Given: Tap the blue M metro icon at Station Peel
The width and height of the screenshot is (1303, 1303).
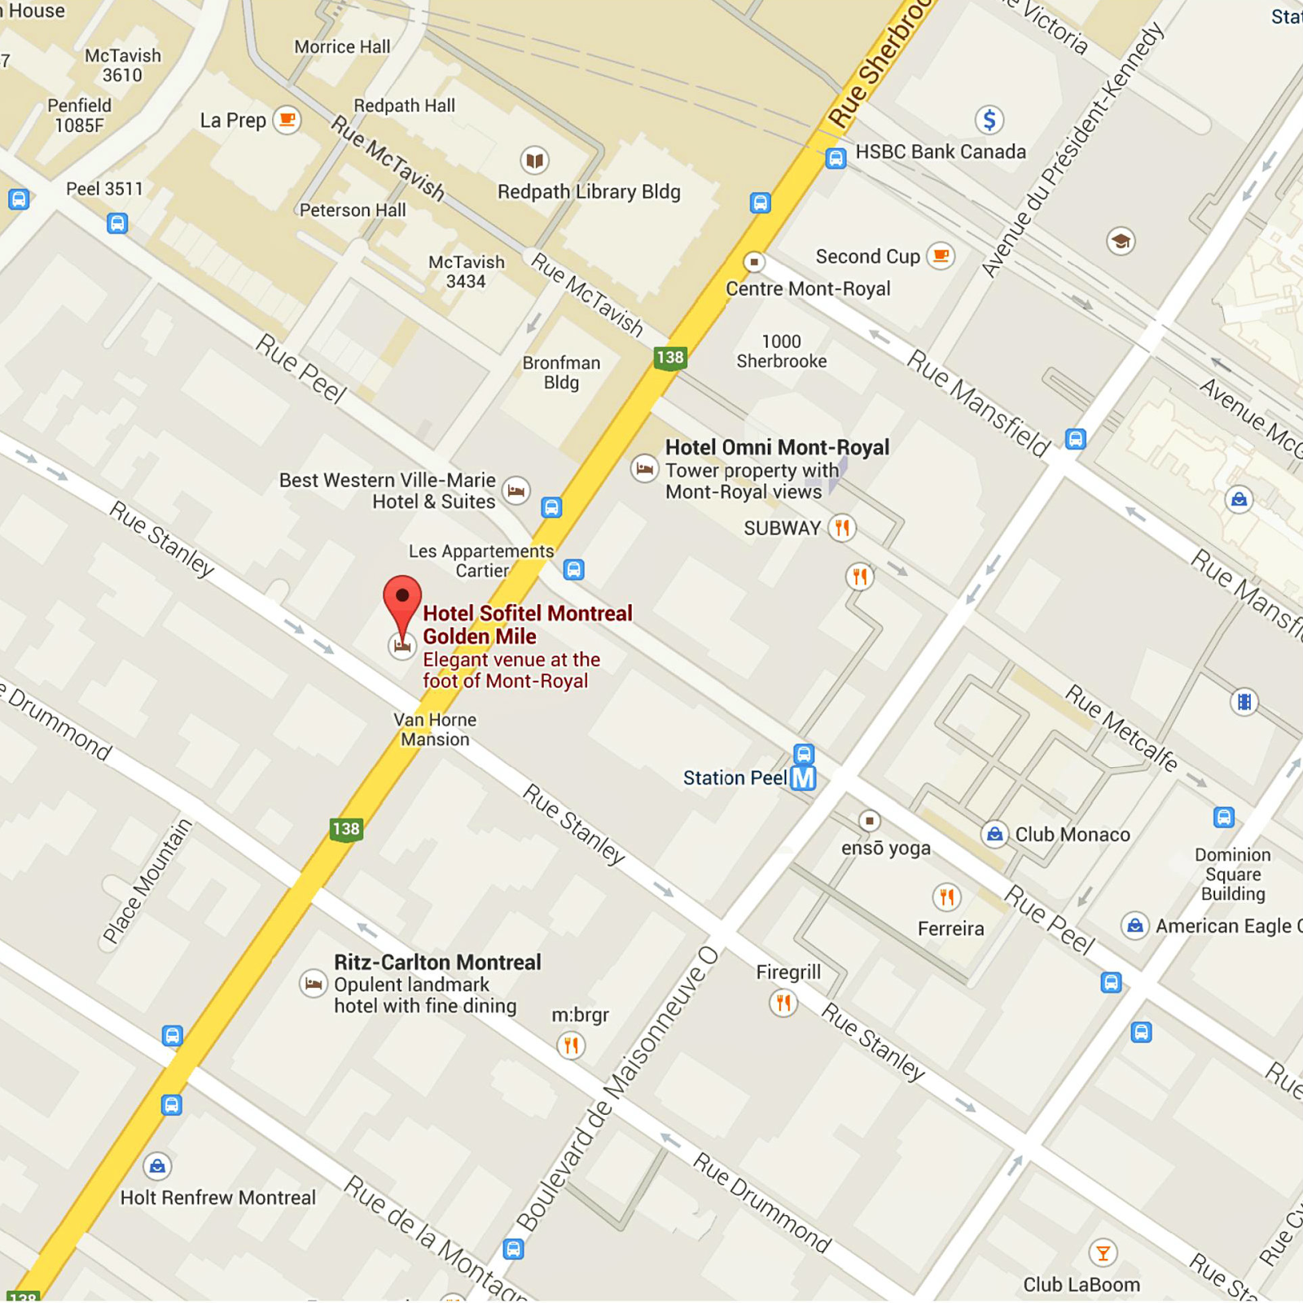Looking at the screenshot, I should coord(803,778).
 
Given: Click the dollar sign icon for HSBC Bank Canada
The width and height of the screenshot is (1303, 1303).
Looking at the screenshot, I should coord(989,121).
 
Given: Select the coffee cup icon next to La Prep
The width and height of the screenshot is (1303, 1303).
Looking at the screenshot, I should coord(287,120).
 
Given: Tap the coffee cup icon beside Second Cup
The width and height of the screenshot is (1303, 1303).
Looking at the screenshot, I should coord(941,256).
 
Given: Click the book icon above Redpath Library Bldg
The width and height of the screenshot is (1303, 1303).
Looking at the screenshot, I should coord(534,160).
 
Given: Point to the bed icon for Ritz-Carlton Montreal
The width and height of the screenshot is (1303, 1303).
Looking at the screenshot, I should coord(314,984).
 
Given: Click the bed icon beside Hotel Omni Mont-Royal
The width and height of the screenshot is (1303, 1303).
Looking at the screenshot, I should coord(644,468).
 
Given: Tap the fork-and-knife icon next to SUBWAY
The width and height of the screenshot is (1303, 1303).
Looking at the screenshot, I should coord(842,528).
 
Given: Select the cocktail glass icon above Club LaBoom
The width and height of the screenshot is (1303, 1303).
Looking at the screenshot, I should coord(1103,1253).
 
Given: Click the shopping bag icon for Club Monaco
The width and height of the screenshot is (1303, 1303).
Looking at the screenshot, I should coord(994,834).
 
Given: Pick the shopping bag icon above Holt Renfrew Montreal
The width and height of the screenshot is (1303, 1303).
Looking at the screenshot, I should coord(157,1166).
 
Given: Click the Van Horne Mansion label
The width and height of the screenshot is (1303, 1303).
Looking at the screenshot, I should coord(435,730).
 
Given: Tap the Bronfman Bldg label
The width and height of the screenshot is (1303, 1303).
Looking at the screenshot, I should coord(561,373).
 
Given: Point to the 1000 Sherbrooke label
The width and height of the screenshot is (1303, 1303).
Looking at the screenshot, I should coord(782,352).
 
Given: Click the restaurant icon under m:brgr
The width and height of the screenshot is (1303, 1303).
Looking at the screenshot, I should coord(571,1044).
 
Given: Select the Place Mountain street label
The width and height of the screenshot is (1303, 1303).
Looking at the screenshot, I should coord(147,881).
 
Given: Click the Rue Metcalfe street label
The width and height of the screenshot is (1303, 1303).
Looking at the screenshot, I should coord(1121,728).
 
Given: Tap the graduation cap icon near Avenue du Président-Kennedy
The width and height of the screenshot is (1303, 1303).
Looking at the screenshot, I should coord(1121,241).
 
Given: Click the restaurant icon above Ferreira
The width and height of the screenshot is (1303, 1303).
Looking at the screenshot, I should coord(946,897).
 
